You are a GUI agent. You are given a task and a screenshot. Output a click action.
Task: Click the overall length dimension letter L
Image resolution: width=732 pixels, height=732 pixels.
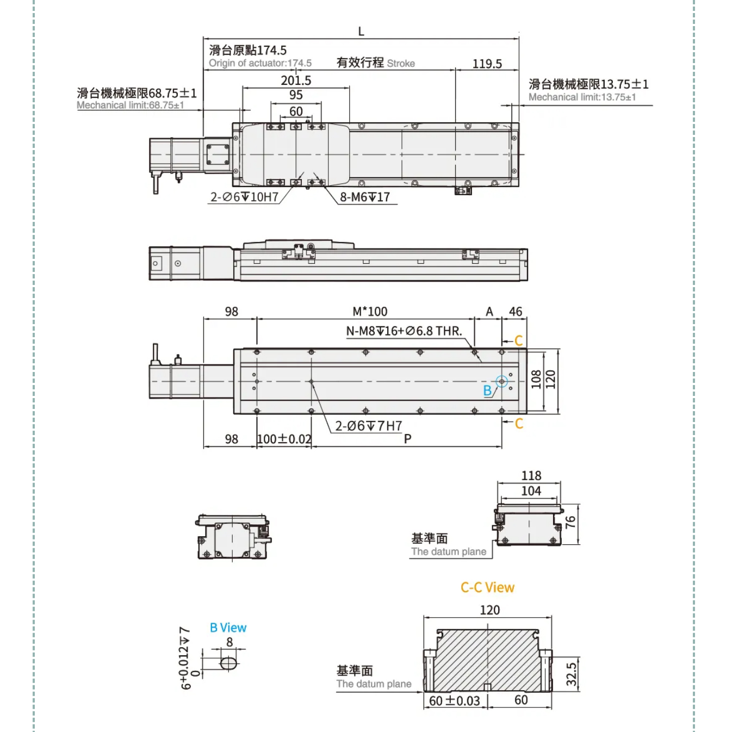361,32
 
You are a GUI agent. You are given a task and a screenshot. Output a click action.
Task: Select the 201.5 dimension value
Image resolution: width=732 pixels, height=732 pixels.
296,80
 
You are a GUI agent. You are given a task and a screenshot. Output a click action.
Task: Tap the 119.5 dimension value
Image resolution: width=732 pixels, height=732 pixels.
487,64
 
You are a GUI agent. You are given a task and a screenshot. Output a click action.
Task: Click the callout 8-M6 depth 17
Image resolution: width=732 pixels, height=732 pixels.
365,197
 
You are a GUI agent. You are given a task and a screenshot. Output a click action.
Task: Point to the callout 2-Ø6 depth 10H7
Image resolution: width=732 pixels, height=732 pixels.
244,197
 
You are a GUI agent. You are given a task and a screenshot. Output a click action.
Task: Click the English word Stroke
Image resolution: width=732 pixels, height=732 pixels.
401,64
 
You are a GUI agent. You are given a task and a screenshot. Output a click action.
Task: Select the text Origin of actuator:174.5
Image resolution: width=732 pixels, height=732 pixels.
260,63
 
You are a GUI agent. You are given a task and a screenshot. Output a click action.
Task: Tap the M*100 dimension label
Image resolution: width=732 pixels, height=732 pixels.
370,312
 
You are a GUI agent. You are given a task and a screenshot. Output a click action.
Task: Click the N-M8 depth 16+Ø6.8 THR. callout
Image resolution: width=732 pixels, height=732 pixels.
404,331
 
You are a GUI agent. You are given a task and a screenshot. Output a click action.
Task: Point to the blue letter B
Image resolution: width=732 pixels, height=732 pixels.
487,390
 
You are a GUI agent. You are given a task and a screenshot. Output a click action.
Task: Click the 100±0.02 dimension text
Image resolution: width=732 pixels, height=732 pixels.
284,439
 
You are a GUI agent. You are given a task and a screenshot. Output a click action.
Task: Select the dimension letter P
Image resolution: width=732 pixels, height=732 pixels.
407,439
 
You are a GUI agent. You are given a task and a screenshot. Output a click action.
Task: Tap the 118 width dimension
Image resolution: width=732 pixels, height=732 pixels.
531,475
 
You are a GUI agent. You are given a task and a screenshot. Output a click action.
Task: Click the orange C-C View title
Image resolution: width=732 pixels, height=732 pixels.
487,587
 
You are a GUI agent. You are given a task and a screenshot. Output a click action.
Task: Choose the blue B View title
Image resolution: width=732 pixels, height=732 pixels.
228,628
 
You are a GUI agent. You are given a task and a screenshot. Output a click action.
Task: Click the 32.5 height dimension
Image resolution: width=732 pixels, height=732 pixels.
571,674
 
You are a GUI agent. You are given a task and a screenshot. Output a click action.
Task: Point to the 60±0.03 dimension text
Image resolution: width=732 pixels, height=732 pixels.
455,700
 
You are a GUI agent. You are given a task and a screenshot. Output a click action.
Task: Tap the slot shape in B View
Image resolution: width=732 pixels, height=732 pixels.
229,663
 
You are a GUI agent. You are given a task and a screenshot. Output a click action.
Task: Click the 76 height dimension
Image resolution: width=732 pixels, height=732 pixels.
570,522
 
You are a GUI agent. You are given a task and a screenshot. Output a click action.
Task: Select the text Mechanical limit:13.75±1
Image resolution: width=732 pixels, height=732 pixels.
582,97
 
